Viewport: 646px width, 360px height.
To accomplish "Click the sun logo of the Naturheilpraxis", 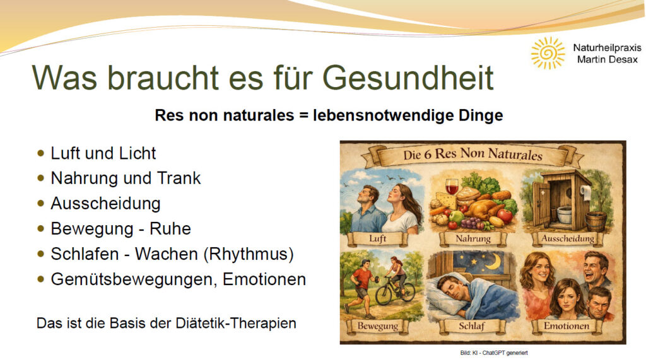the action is pos(548,53).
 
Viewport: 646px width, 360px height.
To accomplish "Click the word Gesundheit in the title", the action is pos(408,78).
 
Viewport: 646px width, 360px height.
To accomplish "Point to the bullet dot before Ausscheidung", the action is pos(40,203).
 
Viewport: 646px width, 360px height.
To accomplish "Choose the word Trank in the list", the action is pos(179,178).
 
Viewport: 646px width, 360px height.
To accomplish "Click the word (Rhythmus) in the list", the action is pos(249,254).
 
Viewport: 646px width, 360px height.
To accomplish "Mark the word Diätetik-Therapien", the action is pos(236,323).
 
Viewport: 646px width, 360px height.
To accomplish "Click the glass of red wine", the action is pos(452,186).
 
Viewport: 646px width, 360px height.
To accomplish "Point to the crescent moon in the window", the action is pos(495,261).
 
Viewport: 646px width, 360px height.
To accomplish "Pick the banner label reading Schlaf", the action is pos(472,326).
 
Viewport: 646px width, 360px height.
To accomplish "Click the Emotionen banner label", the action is pos(567,326).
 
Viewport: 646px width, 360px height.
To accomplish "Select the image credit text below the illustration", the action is pos(493,353).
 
